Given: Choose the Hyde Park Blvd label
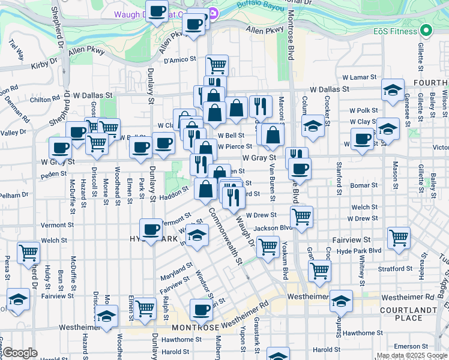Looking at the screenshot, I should click(359, 250).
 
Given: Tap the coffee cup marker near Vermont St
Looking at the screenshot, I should click(151, 229).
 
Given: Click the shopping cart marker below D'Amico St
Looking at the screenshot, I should click(217, 64).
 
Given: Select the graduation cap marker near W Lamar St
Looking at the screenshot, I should click(393, 90).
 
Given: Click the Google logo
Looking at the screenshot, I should click(20, 353).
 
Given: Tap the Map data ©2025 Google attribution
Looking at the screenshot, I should click(412, 355).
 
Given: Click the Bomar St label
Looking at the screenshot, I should click(364, 186).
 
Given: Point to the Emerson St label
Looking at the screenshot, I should click(410, 346).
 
